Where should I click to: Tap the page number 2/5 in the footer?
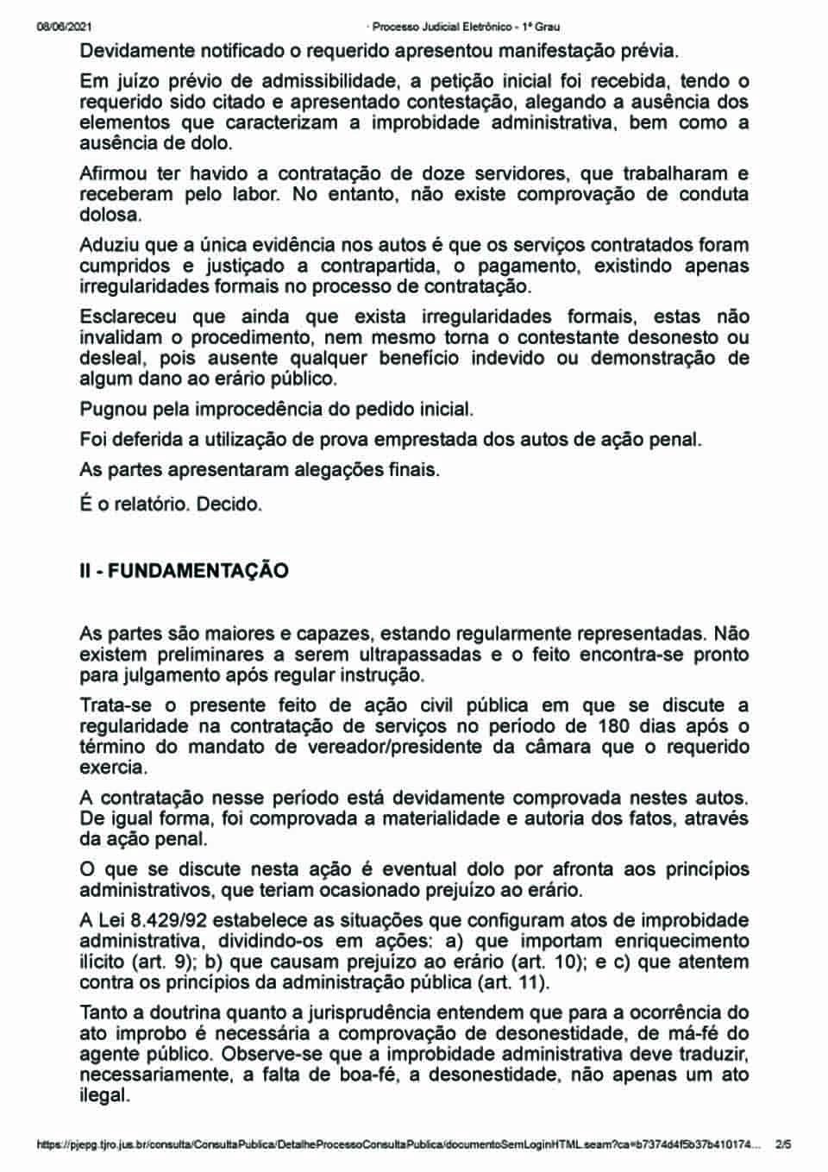783,1145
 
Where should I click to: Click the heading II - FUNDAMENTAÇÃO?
184,571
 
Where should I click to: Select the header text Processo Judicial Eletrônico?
440,27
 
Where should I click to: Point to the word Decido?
229,504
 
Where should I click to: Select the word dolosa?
110,215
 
